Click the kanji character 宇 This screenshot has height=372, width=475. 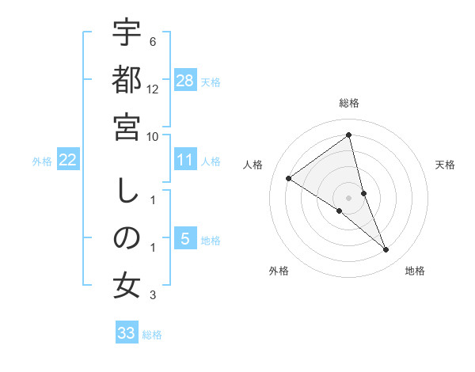coord(127,33)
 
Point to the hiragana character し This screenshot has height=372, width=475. coord(127,191)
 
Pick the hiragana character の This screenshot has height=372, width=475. coord(127,237)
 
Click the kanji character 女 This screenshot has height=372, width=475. coord(127,285)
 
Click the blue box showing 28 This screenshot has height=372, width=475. coord(185,81)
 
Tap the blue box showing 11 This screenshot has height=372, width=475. coord(185,161)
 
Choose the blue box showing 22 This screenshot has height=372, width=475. coord(68,161)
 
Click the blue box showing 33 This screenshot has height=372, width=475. coord(127,333)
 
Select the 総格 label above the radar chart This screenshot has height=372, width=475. coord(349,103)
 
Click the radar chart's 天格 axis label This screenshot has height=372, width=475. coord(446,165)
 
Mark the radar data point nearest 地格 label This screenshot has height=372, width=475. coord(386,250)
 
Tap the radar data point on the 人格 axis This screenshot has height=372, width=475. coord(289,178)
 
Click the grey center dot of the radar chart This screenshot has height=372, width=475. coord(349,198)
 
